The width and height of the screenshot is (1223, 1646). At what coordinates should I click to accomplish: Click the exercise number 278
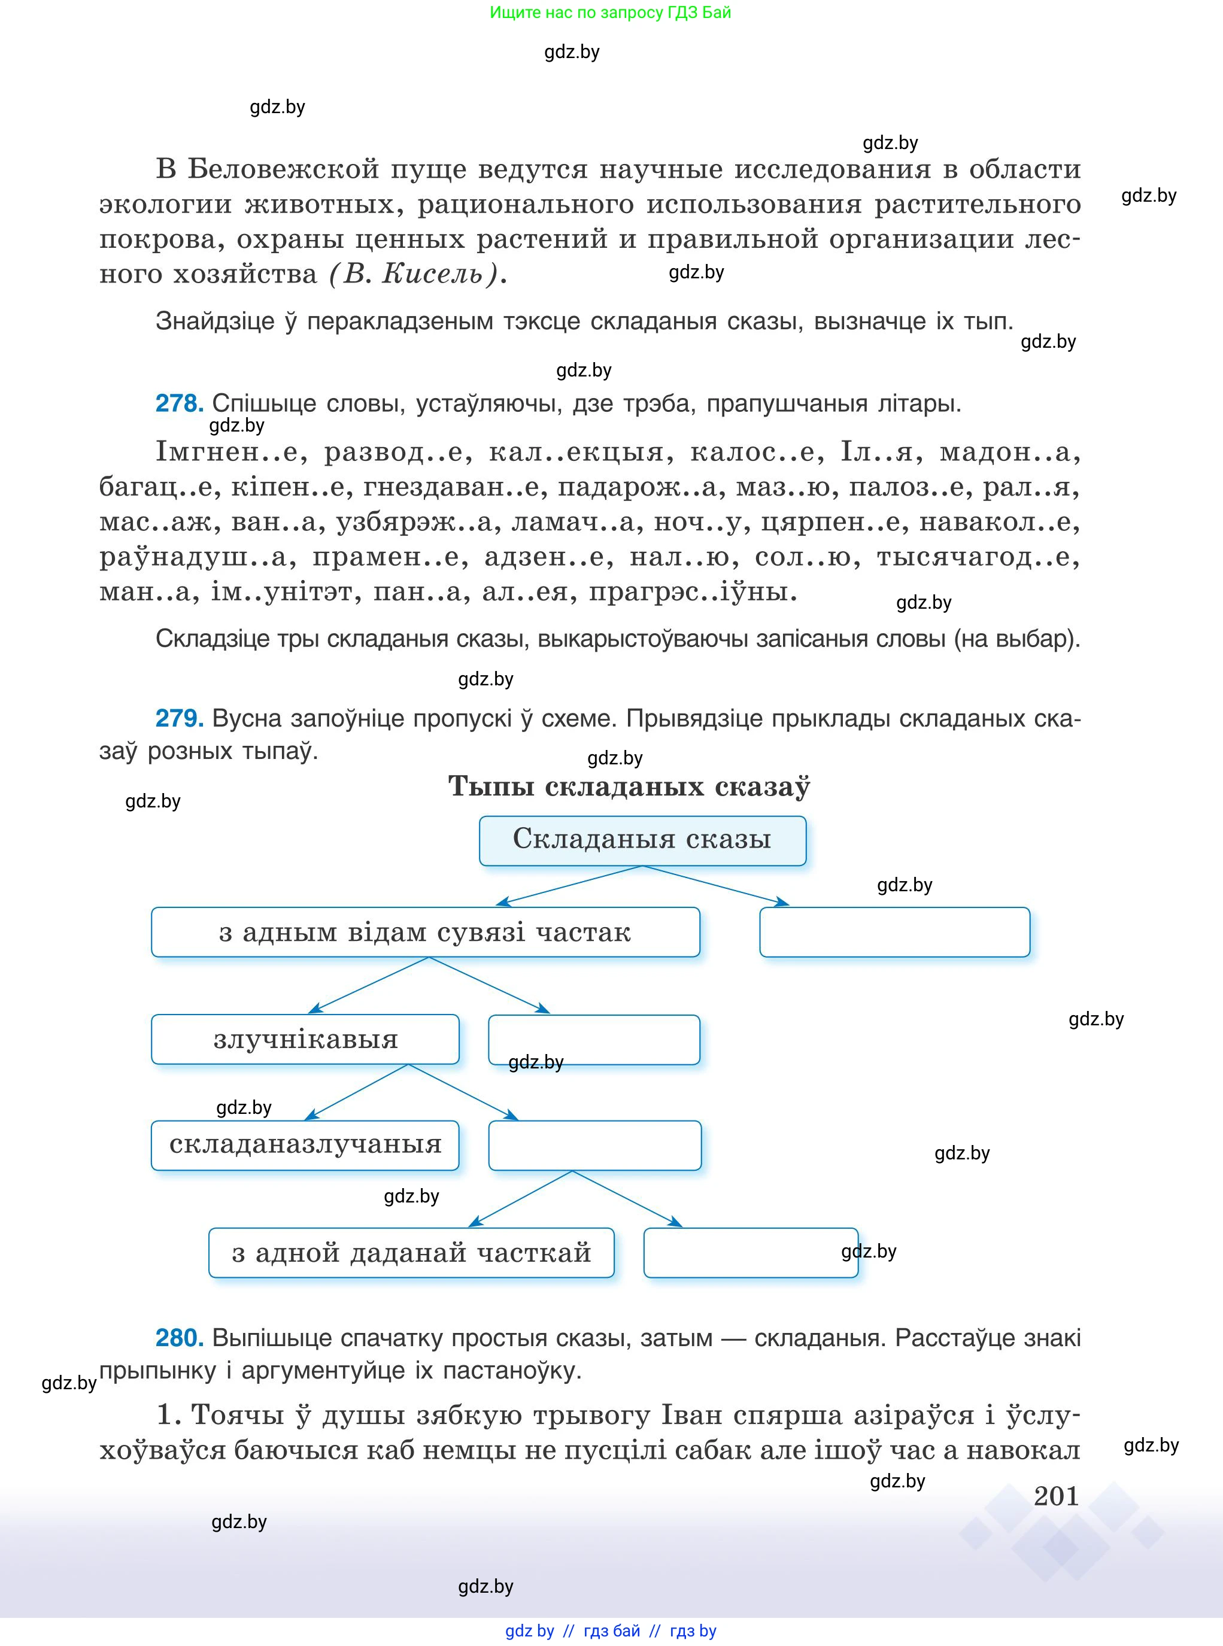click(179, 403)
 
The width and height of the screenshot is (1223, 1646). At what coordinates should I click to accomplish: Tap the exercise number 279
click(179, 718)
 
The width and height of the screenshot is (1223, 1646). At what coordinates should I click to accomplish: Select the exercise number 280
click(179, 1337)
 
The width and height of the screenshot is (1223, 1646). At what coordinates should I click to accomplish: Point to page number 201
click(1056, 1496)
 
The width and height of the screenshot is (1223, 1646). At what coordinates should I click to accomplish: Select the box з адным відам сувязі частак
click(425, 932)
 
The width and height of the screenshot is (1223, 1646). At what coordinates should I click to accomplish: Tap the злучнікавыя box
click(305, 1039)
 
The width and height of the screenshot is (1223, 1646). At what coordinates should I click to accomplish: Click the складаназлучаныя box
click(305, 1145)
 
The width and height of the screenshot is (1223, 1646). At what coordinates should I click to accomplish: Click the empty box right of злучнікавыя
click(594, 1039)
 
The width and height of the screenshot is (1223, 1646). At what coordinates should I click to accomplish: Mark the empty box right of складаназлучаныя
click(594, 1145)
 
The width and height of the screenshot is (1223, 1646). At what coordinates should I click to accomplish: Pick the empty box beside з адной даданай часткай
click(750, 1252)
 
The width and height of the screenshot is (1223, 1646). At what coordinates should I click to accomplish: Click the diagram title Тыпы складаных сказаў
click(629, 786)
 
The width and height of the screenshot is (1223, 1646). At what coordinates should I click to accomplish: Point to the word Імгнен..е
click(230, 451)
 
